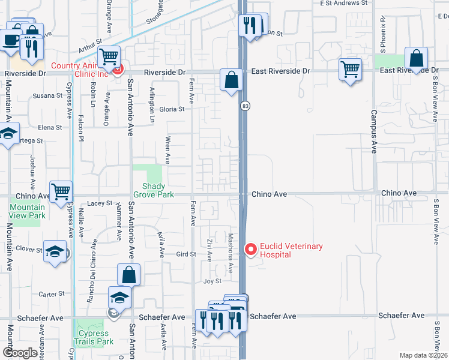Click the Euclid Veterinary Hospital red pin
coord(250,248)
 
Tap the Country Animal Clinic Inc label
coord(80,70)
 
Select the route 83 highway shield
coord(245,106)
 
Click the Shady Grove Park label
coord(157,190)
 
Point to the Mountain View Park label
coord(27,211)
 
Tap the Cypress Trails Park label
coord(92,337)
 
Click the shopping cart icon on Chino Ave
coord(61,192)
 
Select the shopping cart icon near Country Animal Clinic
coord(109,58)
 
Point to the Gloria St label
coord(172,109)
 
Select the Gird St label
coord(185,254)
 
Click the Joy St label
coord(212,281)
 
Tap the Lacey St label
coord(101,203)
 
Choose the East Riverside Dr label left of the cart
coord(280,71)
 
